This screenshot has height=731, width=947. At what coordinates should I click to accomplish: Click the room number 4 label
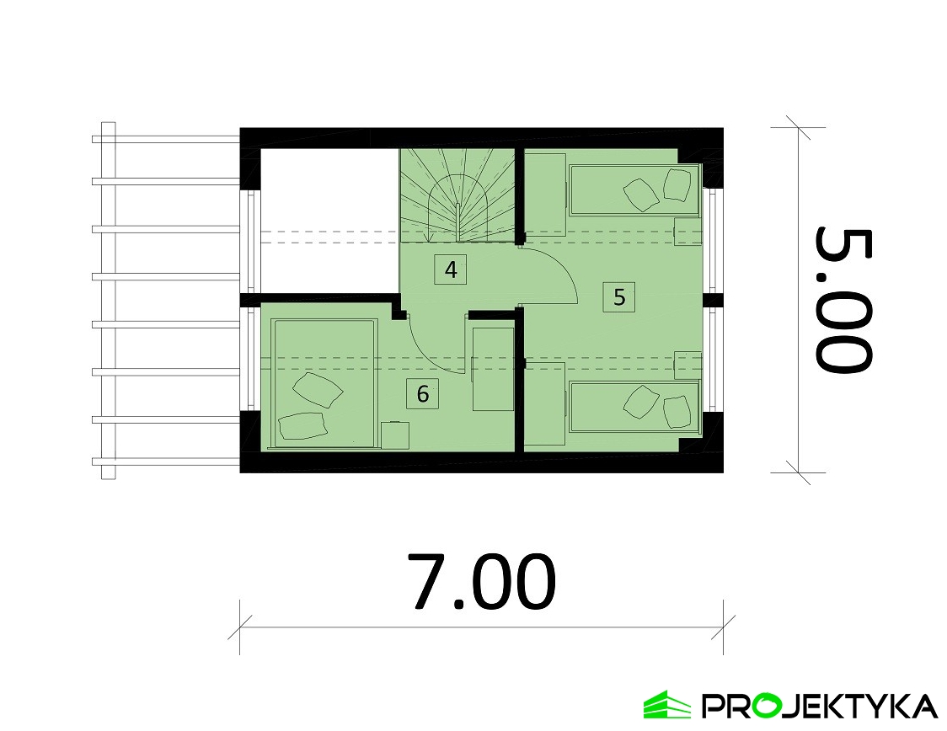click(x=451, y=269)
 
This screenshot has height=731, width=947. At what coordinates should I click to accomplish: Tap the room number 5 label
click(x=619, y=297)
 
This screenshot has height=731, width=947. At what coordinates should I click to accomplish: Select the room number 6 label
click(x=423, y=394)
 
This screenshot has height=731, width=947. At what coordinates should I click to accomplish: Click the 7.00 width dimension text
click(x=481, y=581)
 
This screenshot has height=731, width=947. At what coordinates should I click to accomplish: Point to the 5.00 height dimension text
click(x=843, y=300)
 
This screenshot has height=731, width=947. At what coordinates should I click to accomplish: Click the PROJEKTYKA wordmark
click(x=820, y=706)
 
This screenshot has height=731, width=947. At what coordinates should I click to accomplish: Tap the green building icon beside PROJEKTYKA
click(x=666, y=705)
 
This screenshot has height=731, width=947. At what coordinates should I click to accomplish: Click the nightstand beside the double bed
click(x=395, y=435)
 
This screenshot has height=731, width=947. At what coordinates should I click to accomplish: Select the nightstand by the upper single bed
click(x=688, y=232)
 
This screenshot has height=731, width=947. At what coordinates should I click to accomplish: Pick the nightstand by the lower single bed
click(x=688, y=365)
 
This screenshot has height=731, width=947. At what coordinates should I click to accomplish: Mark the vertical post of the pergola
click(x=108, y=301)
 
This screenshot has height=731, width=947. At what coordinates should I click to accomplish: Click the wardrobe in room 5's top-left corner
click(x=544, y=193)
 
